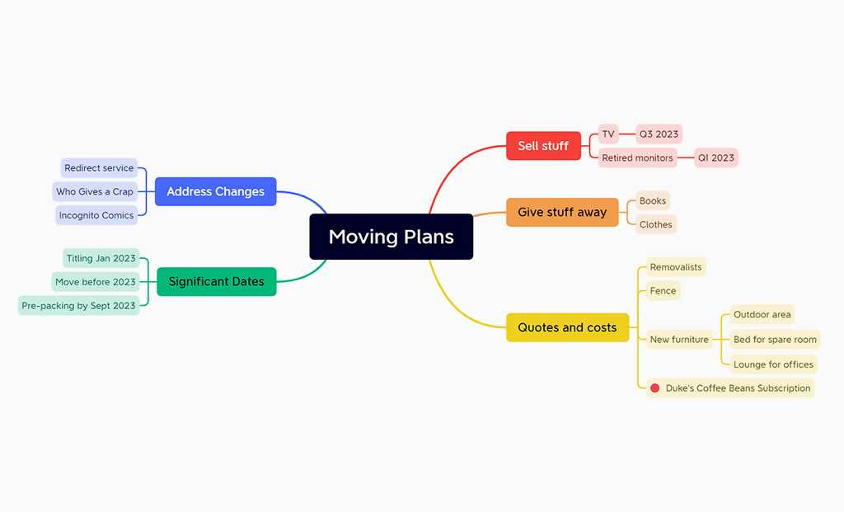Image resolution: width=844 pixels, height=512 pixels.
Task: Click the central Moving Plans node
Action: [x=391, y=237]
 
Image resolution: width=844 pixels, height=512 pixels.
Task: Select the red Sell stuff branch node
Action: [x=543, y=146]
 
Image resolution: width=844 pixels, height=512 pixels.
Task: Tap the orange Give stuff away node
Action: [x=562, y=212]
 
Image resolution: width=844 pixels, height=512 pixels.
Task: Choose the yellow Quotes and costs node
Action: [x=567, y=327]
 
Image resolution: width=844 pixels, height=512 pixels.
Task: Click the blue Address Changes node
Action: [x=215, y=191]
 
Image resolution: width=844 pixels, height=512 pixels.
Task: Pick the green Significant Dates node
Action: [x=216, y=281]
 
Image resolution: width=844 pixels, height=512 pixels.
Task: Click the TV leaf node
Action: [x=608, y=134]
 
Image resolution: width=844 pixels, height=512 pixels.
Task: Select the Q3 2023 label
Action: [x=659, y=134]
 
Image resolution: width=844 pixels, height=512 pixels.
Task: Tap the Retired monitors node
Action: [x=637, y=157]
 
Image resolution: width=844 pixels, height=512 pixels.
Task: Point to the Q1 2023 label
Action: [x=715, y=157]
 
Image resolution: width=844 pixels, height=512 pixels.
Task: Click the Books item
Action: [x=653, y=200]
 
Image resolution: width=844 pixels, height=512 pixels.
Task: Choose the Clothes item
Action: [x=656, y=224]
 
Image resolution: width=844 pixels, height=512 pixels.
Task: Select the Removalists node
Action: [x=676, y=267]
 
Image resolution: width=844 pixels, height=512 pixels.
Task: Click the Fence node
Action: [x=663, y=290]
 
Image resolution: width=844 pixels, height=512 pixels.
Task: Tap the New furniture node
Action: [x=679, y=339]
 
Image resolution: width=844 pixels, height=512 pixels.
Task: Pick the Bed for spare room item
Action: [x=775, y=339]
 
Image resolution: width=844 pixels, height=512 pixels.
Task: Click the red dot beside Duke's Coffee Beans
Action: [x=655, y=388]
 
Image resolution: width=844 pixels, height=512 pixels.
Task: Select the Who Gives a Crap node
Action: [x=95, y=191]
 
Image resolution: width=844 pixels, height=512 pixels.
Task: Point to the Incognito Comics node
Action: [x=96, y=215]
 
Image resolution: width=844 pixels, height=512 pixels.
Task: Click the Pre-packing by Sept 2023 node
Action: [x=78, y=305]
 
